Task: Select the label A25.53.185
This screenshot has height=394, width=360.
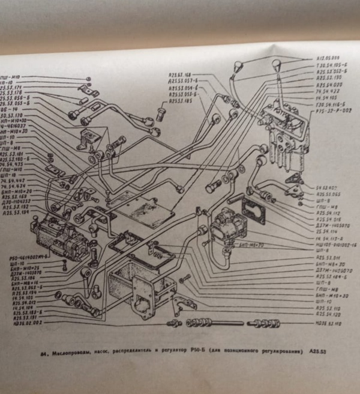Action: coord(182,102)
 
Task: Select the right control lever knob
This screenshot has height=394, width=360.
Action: coord(277,64)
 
